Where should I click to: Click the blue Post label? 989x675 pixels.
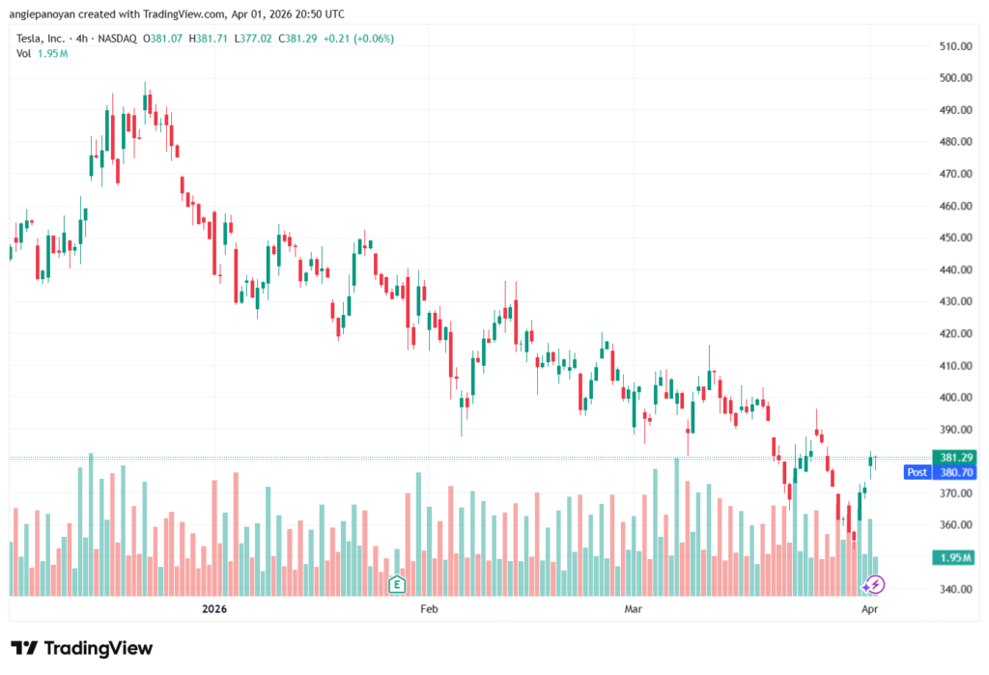[x=917, y=472]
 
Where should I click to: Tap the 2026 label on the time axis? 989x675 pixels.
[x=213, y=609]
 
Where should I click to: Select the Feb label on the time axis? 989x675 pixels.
[x=429, y=609]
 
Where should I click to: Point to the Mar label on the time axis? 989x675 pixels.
[x=634, y=609]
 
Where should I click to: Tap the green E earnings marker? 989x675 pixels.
[x=396, y=584]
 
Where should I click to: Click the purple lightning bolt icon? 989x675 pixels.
[x=873, y=584]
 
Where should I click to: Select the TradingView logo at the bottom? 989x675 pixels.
[x=81, y=648]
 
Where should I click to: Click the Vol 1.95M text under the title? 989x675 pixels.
[x=42, y=53]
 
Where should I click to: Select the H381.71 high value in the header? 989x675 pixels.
[x=210, y=39]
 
